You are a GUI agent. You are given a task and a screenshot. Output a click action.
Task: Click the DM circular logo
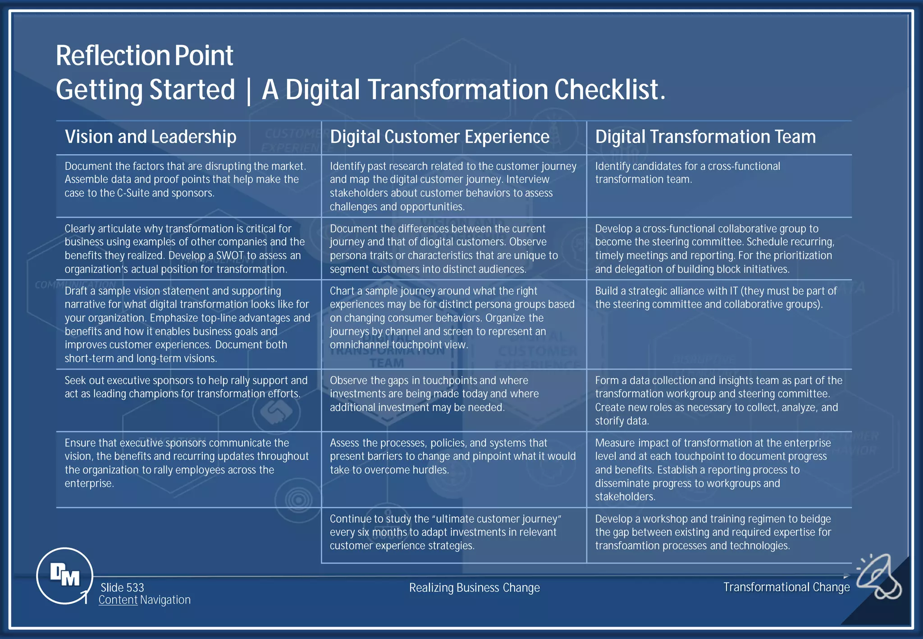coord(64,575)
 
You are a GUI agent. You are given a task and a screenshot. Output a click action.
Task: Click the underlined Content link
coord(118,600)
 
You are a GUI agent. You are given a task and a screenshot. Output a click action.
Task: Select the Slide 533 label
coord(122,588)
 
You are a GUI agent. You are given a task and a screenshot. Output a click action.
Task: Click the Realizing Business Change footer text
coord(474,588)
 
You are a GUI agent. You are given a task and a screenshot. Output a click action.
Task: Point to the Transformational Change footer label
coord(786,587)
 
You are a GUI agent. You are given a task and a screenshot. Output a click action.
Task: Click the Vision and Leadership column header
coord(151,137)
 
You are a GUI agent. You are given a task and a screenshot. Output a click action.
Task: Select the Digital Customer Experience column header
coord(439,137)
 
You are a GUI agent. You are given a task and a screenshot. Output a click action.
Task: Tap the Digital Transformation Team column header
coord(705,137)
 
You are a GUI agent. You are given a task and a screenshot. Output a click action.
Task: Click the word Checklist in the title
coord(609,90)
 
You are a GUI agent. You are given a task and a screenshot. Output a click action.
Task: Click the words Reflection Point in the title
coord(145,56)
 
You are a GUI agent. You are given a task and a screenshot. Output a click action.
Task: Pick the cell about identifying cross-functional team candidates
coord(687,173)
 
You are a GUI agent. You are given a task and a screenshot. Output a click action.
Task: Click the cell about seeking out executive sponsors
coord(186,387)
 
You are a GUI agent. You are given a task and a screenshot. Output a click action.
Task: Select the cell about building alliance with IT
coord(716,297)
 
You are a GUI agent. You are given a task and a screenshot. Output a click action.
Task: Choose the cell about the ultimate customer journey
coord(445,532)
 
